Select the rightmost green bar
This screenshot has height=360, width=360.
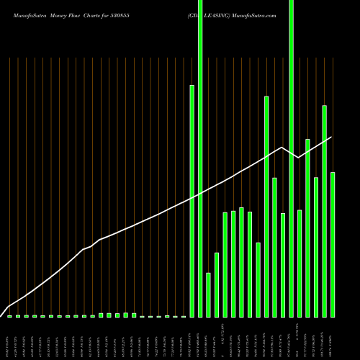333,245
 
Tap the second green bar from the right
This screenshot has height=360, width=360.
325,211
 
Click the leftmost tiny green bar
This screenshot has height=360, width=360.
9,316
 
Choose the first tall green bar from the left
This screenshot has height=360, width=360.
192,201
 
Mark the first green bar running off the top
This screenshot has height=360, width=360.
200,158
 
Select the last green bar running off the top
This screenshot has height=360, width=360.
291,158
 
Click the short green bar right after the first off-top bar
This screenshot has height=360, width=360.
209,295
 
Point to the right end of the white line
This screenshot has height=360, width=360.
332,137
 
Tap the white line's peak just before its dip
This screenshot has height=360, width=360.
282,147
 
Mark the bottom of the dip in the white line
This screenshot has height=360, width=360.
298,158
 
